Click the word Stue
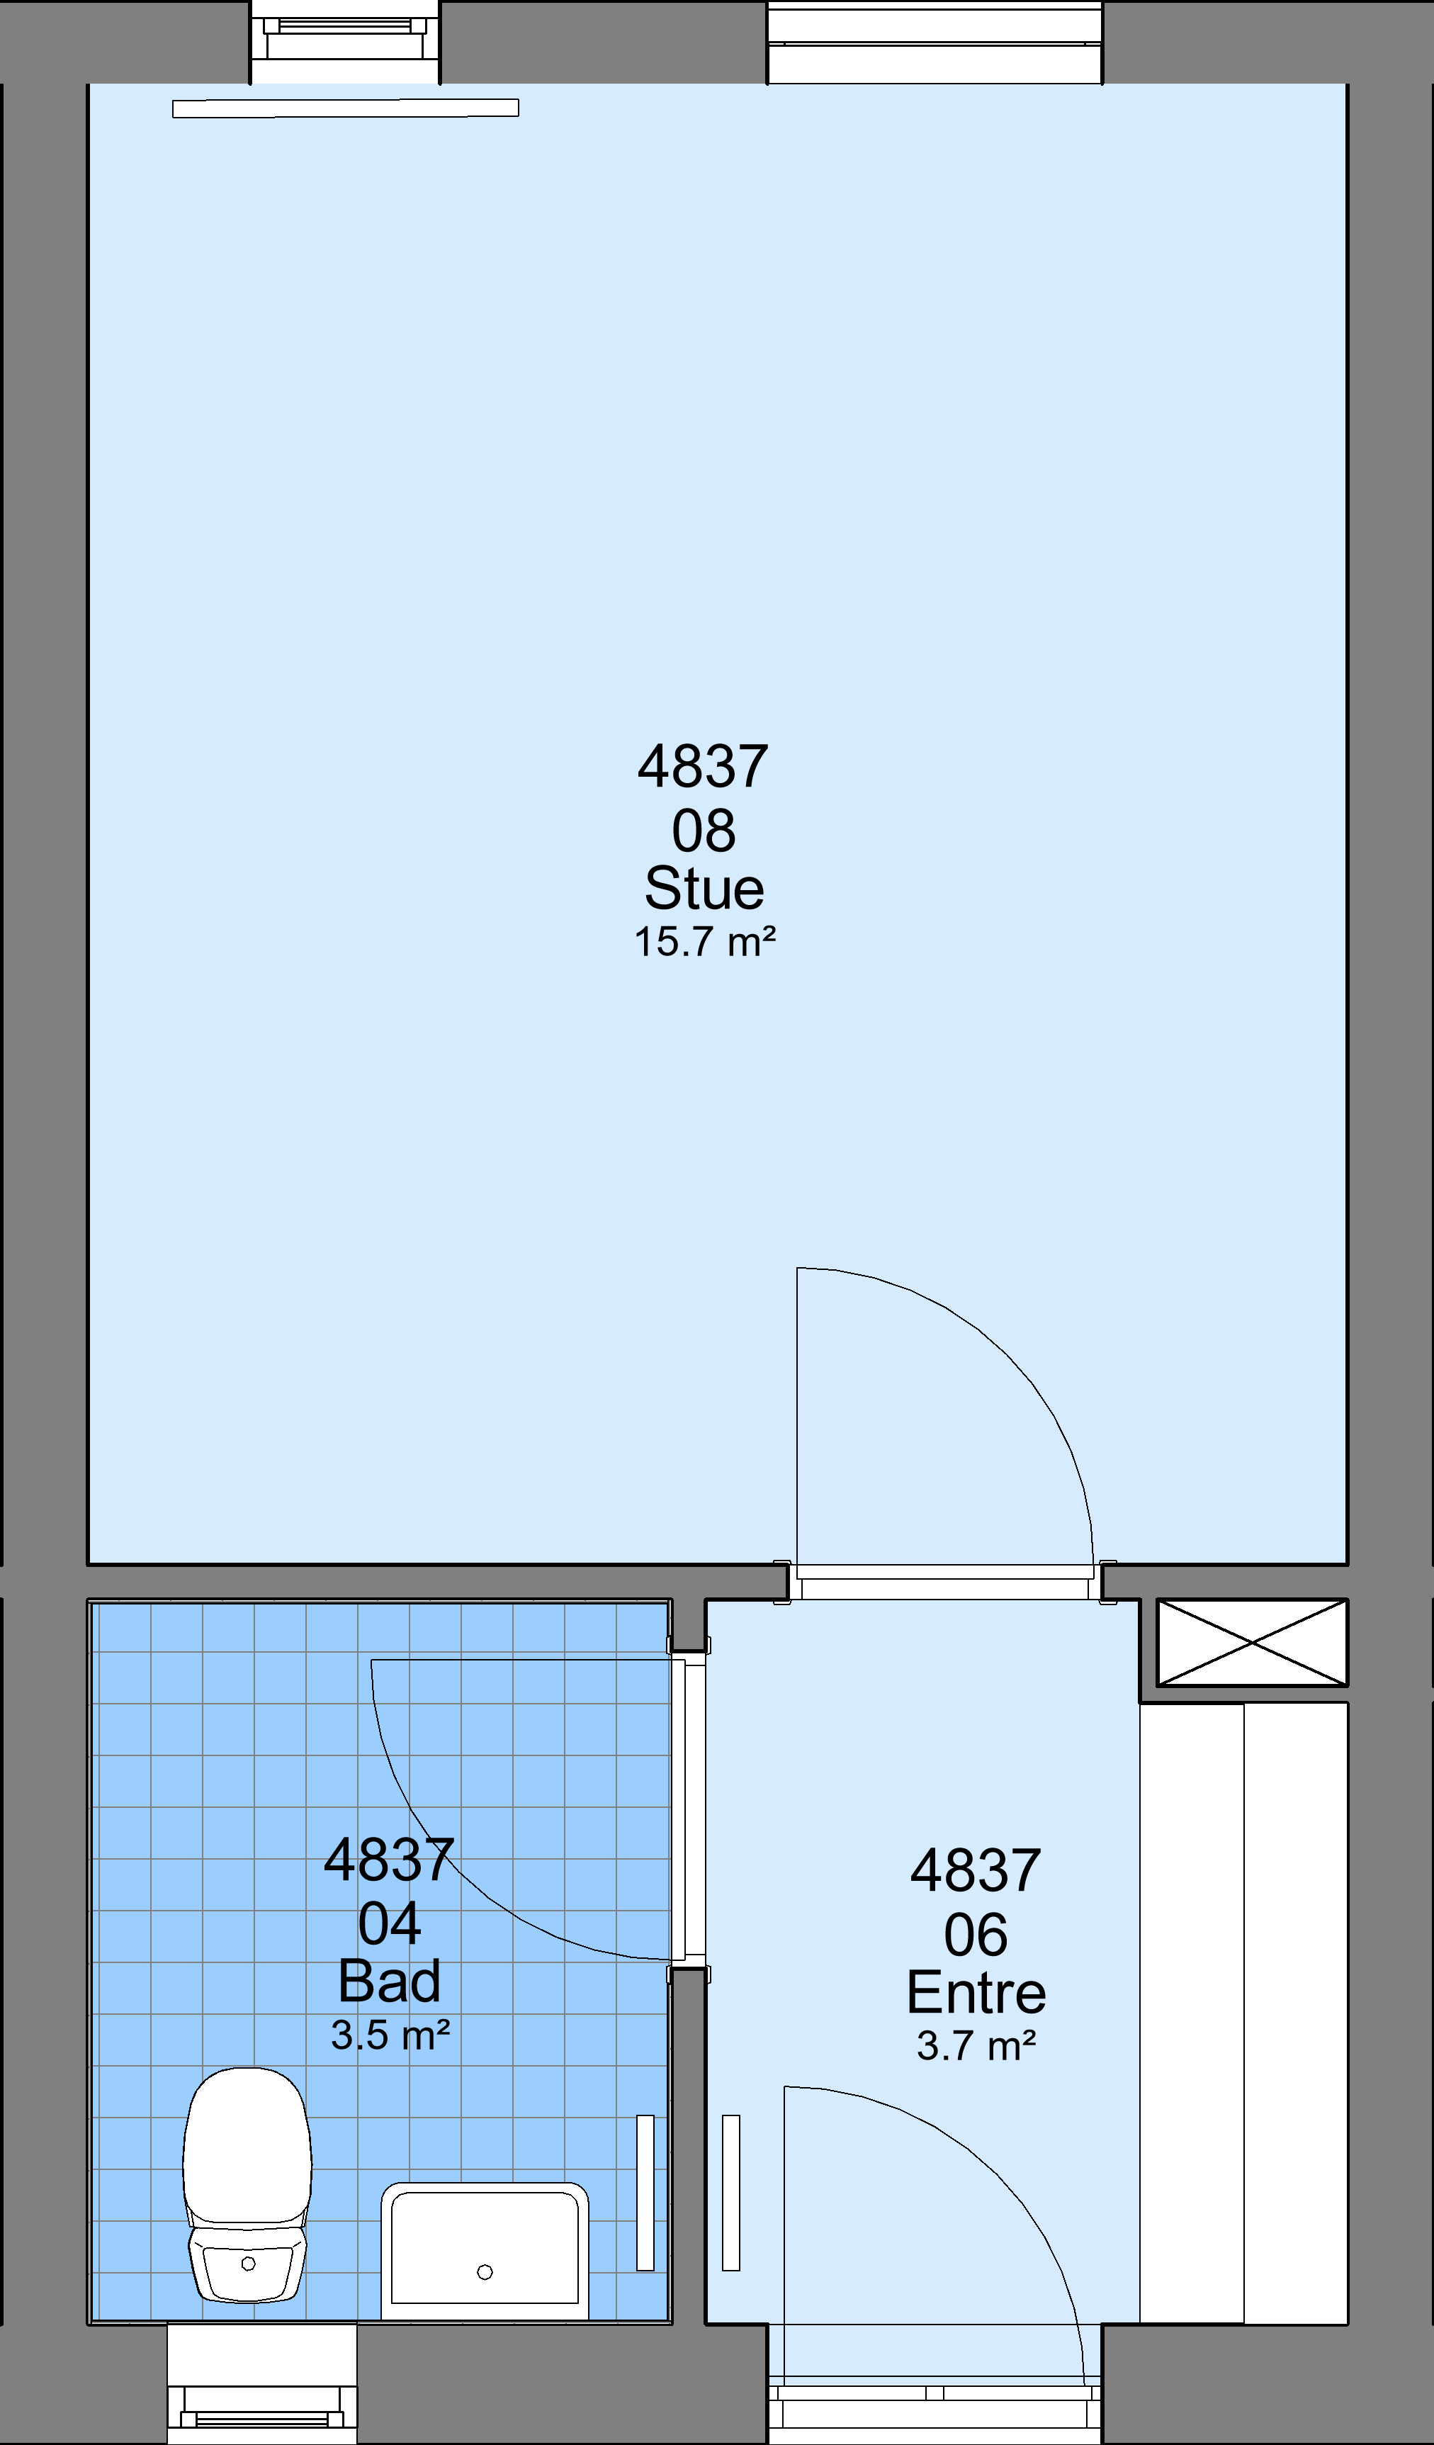pos(704,888)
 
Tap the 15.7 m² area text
pos(704,942)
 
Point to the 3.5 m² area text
pos(390,2035)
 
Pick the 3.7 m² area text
pos(976,2045)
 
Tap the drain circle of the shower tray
pos(485,2271)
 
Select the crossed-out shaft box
pos(1252,1643)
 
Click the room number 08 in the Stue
pos(704,831)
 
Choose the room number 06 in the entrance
pos(976,1935)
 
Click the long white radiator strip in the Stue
pos(346,108)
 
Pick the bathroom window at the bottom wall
pos(262,2383)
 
